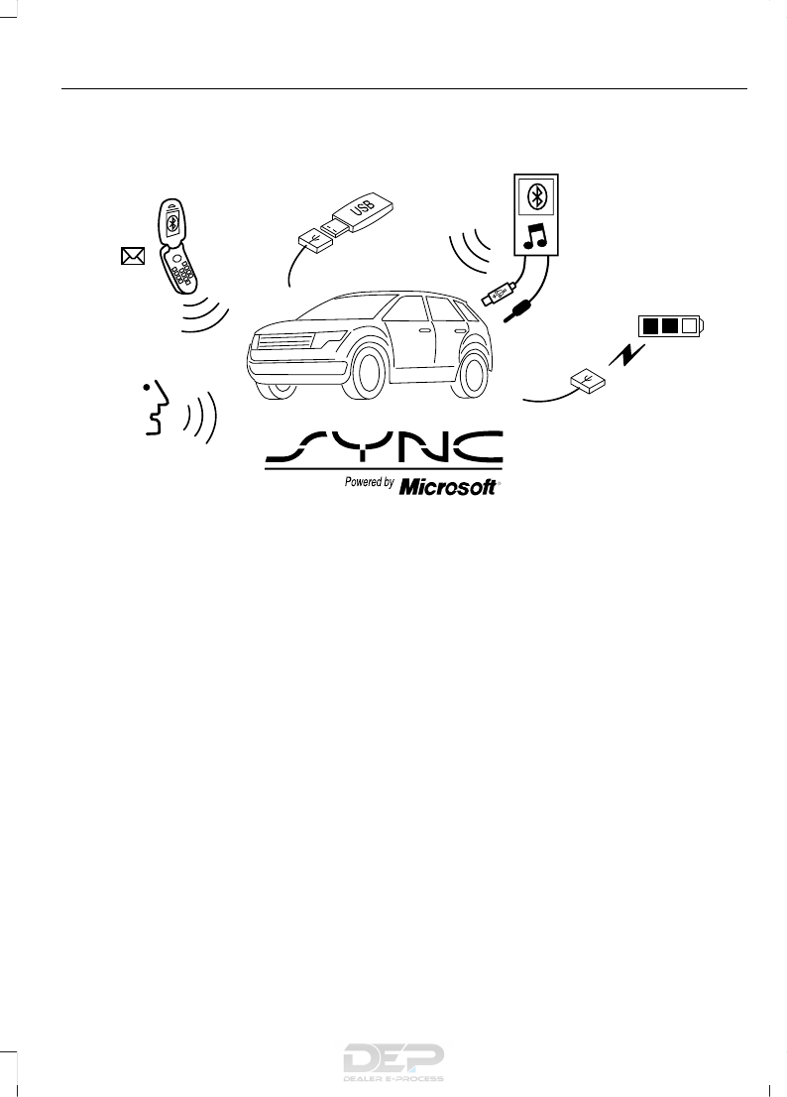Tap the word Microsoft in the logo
point(449,487)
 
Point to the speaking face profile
point(155,408)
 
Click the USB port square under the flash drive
point(311,238)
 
